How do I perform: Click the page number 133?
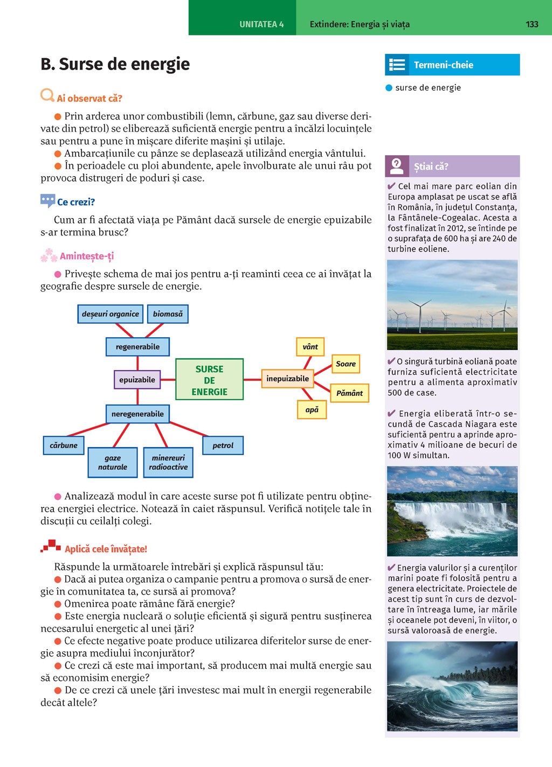coord(532,24)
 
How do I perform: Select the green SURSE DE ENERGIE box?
coord(209,380)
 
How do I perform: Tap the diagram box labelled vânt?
coord(310,347)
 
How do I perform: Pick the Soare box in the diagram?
coord(346,364)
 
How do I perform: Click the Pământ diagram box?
coord(349,393)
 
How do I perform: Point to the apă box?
coord(312,410)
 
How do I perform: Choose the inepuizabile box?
coord(287,379)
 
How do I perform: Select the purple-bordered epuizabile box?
coord(137,380)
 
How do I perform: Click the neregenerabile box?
coord(137,414)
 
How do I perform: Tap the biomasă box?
coord(168,314)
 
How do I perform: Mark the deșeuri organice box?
coord(111,314)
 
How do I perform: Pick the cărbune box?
coord(64,445)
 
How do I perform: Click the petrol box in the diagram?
coord(223,445)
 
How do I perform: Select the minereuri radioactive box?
coord(168,463)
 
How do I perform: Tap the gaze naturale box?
coord(113,463)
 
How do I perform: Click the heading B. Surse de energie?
coord(115,64)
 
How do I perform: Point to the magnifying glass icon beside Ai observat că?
coord(47,96)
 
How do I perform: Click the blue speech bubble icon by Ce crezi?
coord(47,201)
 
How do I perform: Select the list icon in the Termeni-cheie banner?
coord(397,65)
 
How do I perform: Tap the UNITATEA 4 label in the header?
coord(261,24)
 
